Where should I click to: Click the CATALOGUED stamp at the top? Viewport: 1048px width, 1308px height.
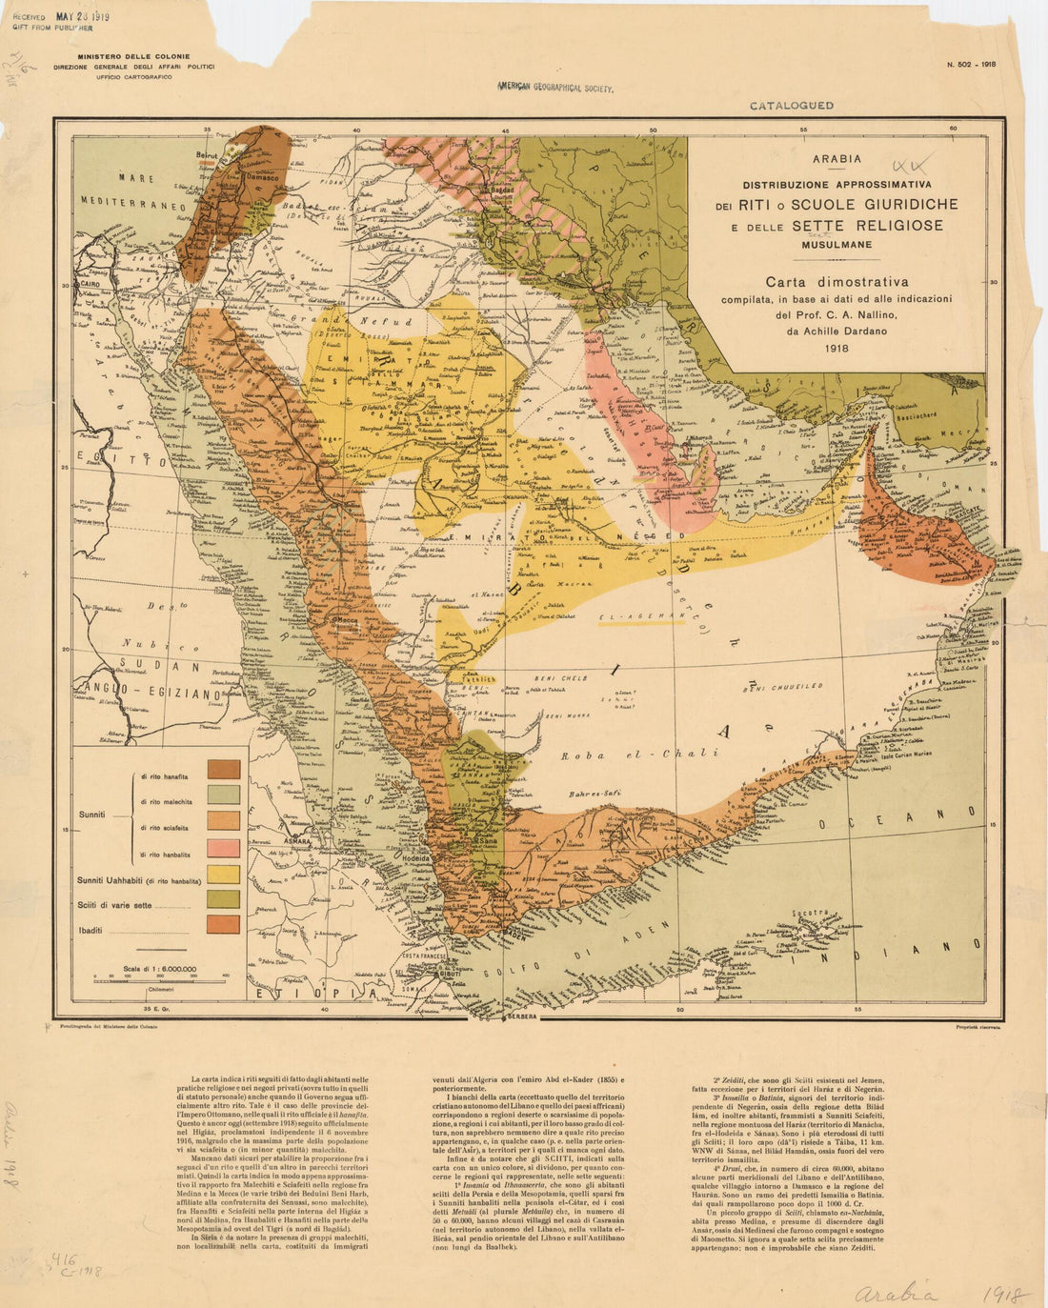(791, 106)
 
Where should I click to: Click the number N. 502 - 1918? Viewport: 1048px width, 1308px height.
(970, 65)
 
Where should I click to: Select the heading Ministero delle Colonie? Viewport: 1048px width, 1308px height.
(133, 57)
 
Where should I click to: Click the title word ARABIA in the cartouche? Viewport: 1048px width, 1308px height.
(836, 159)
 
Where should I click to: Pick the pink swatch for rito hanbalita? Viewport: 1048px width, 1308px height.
(224, 848)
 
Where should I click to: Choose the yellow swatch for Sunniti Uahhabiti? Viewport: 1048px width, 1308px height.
(224, 875)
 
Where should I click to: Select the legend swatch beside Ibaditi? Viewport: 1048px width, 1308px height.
(224, 923)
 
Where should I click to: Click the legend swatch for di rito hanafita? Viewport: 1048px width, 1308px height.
(224, 769)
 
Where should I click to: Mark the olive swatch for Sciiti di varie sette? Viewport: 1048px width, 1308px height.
(224, 899)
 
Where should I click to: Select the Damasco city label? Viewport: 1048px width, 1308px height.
(260, 177)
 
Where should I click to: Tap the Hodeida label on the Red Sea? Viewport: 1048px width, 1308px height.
(421, 857)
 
